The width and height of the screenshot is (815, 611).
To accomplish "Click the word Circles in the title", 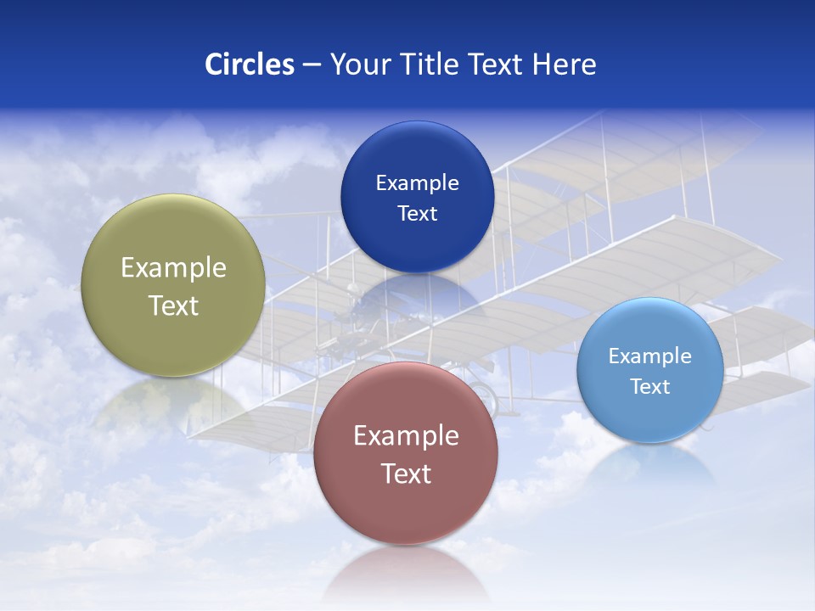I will (249, 64).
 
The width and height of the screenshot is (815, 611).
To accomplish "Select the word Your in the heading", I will (359, 64).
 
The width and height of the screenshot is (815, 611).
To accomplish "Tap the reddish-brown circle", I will (405, 509).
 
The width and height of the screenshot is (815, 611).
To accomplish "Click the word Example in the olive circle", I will (173, 267).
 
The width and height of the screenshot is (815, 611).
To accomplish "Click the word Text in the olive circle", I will (173, 305).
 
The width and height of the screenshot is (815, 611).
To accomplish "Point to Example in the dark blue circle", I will (417, 182).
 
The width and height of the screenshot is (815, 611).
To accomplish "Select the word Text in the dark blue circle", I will (417, 214).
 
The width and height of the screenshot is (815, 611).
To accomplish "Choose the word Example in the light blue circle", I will (649, 356).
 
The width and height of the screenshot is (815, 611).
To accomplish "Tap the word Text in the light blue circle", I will (649, 387).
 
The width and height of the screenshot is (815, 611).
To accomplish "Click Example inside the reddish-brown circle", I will (405, 435).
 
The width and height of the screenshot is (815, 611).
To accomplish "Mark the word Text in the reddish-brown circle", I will (405, 474).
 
